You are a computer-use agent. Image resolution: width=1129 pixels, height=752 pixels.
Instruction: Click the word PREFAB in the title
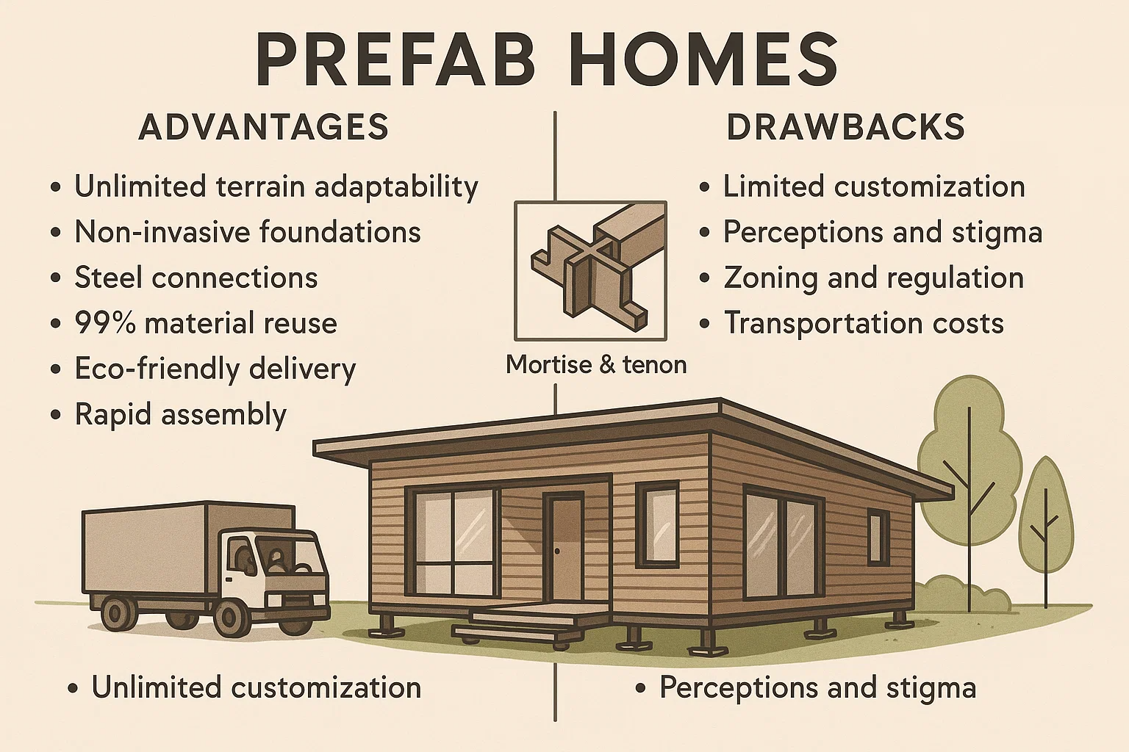pyautogui.click(x=395, y=61)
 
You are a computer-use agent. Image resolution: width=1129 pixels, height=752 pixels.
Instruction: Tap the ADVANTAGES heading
pyautogui.click(x=264, y=127)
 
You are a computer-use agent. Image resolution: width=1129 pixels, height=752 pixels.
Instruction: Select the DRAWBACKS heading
pyautogui.click(x=845, y=127)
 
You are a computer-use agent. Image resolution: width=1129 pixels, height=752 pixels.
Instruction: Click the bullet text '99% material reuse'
pyautogui.click(x=206, y=323)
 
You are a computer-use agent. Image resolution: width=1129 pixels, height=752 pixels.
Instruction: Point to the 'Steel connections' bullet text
pyautogui.click(x=196, y=278)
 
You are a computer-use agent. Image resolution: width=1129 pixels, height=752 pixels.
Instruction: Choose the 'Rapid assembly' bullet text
pyautogui.click(x=180, y=416)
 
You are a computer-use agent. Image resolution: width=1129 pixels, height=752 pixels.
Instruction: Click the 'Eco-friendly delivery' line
pyautogui.click(x=215, y=369)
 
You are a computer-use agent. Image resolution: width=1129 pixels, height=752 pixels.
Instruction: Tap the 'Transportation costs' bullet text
pyautogui.click(x=864, y=323)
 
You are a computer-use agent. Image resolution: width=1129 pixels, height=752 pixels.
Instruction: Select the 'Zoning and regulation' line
pyautogui.click(x=873, y=278)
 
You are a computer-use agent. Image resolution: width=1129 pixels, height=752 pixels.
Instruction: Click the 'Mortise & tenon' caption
pyautogui.click(x=596, y=364)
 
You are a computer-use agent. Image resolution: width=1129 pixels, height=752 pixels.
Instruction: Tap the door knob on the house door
pyautogui.click(x=557, y=551)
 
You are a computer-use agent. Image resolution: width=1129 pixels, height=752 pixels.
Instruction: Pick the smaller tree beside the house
pyautogui.click(x=1046, y=524)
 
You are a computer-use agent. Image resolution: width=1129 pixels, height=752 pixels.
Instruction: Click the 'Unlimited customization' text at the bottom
pyautogui.click(x=256, y=687)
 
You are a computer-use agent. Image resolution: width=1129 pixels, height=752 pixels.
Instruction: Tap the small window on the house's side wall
pyautogui.click(x=878, y=536)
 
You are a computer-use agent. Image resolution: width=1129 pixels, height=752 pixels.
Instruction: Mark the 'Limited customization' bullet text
pyautogui.click(x=874, y=187)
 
